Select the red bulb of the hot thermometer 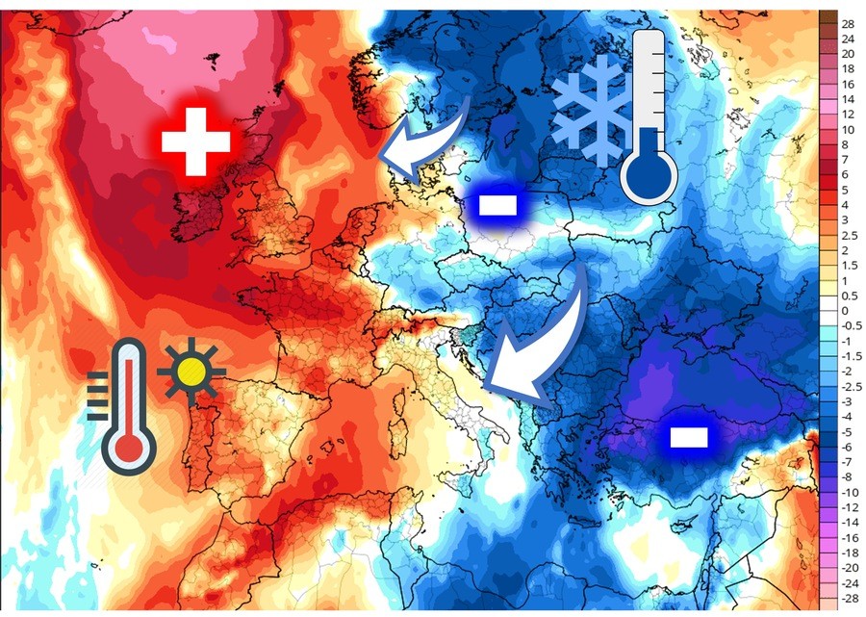click(x=129, y=446)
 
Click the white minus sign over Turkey click(x=689, y=437)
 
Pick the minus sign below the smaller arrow click(x=499, y=204)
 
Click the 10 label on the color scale click(x=847, y=129)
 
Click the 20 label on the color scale click(x=847, y=53)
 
